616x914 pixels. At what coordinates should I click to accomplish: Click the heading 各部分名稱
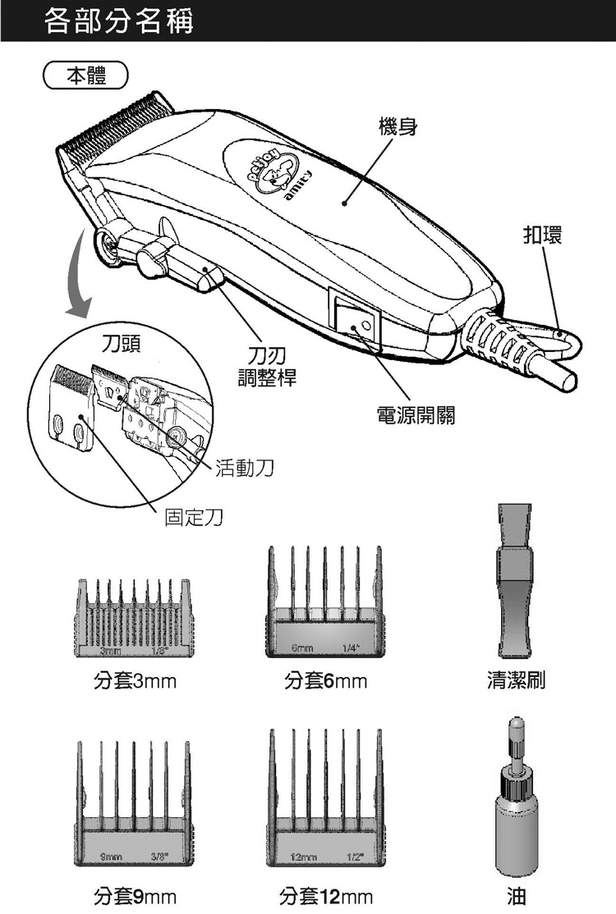point(119,21)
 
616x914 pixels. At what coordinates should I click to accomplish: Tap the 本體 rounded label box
point(85,80)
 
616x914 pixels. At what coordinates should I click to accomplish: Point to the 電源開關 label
point(414,418)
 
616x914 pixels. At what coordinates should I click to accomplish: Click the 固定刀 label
point(195,518)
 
